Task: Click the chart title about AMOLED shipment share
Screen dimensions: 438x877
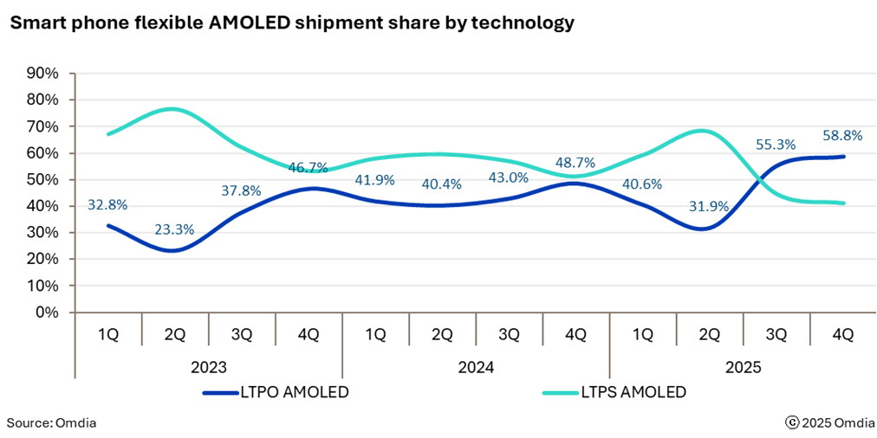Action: tap(292, 23)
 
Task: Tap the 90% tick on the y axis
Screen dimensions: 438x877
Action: tap(42, 74)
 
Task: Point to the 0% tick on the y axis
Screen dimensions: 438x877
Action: tap(47, 312)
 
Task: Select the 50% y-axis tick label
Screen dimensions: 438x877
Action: tap(42, 180)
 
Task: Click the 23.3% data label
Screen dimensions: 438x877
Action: tap(174, 230)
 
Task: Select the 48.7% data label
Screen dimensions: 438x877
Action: tap(575, 163)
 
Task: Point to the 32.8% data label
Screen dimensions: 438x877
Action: tap(107, 205)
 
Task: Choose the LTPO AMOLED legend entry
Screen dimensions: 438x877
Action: tap(276, 392)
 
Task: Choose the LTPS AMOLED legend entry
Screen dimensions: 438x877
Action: tap(614, 392)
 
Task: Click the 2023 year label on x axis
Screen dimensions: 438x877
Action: tap(208, 367)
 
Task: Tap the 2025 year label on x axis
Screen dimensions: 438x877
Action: tap(743, 367)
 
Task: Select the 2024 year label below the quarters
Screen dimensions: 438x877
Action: tap(476, 367)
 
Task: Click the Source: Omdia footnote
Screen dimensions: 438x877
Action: tap(51, 422)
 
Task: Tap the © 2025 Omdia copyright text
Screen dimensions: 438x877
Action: tap(827, 422)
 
